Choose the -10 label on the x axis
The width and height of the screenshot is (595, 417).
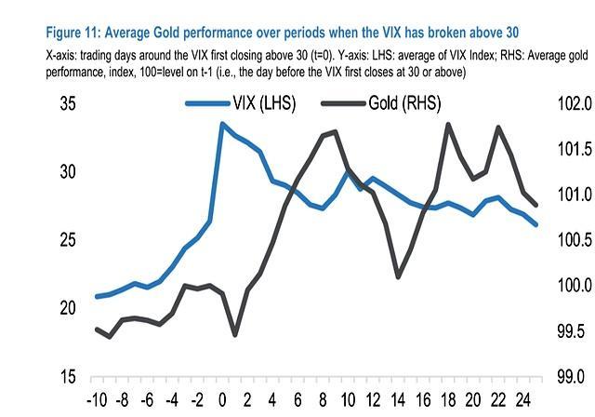coord(96,403)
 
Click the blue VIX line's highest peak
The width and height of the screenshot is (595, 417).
coord(222,123)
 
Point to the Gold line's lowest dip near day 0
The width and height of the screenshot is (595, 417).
coord(235,334)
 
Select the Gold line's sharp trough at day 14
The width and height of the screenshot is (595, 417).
coord(398,276)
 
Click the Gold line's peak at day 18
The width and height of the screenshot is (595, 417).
coord(449,124)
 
